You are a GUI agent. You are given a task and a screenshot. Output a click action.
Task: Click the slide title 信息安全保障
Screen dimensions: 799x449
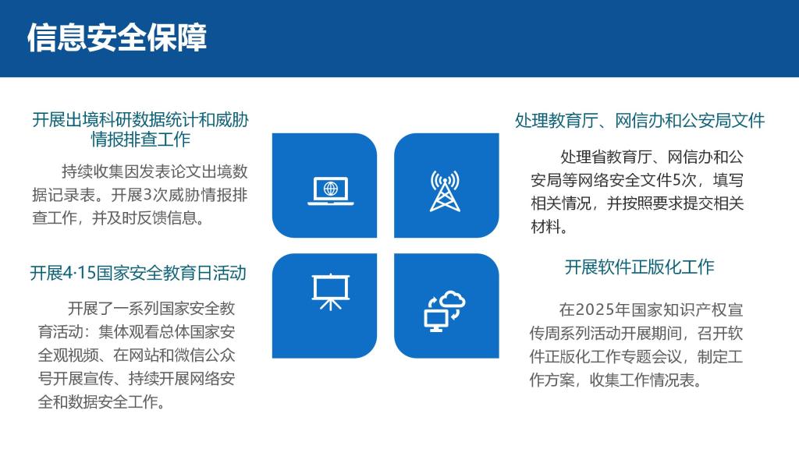point(117,37)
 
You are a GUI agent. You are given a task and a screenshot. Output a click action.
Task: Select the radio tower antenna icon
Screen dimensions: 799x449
point(445,191)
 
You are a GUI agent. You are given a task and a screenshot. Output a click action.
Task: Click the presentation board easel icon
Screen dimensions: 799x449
point(331,292)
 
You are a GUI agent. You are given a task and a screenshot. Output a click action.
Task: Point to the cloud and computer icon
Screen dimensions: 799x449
point(445,311)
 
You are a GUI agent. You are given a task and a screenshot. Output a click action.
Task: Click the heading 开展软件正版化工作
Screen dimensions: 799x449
point(640,267)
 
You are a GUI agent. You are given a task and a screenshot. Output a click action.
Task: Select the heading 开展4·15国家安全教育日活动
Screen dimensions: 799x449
point(138,273)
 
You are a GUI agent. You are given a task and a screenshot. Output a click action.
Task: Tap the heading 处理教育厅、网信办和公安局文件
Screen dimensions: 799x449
point(640,121)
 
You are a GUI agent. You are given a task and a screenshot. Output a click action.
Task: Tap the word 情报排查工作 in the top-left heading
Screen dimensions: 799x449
point(140,139)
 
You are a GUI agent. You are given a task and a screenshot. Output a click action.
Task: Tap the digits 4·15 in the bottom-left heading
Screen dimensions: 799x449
point(80,274)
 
